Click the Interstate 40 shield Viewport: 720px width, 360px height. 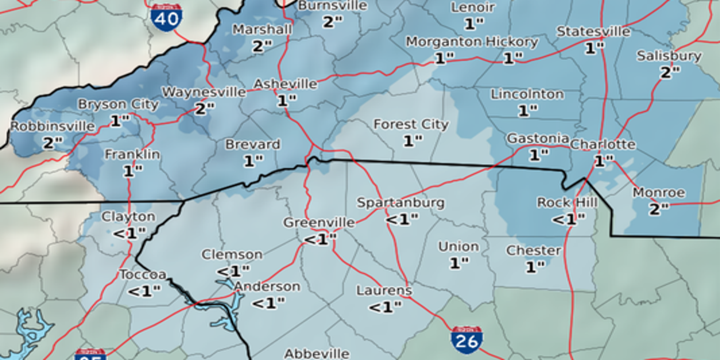pyautogui.click(x=166, y=18)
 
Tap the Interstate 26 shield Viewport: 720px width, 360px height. pyautogui.click(x=467, y=340)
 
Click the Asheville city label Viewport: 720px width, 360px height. pyautogui.click(x=285, y=84)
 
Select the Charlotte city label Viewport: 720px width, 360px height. pyautogui.click(x=603, y=144)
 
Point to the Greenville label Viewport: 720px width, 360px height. pyautogui.click(x=319, y=222)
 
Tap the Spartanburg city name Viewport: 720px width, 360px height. pyautogui.click(x=400, y=202)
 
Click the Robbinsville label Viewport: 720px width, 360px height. pyautogui.click(x=53, y=126)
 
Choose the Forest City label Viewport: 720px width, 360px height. pyautogui.click(x=411, y=124)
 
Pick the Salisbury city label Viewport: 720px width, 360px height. pyautogui.click(x=669, y=56)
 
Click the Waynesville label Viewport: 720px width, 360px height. pyautogui.click(x=204, y=92)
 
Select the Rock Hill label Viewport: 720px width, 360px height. pyautogui.click(x=567, y=202)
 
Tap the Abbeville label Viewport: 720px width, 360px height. pyautogui.click(x=317, y=354)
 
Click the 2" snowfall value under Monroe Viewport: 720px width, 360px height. pyautogui.click(x=659, y=209)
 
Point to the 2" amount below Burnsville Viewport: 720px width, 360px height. pyautogui.click(x=333, y=22)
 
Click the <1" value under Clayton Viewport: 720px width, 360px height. pyautogui.click(x=129, y=233)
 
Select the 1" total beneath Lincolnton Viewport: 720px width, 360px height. pyautogui.click(x=527, y=110)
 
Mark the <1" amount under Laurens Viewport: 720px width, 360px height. pyautogui.click(x=385, y=307)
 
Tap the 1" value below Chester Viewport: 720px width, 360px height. pyautogui.click(x=535, y=267)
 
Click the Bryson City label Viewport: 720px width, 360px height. pyautogui.click(x=118, y=104)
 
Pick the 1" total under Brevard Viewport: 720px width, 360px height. pyautogui.click(x=253, y=161)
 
